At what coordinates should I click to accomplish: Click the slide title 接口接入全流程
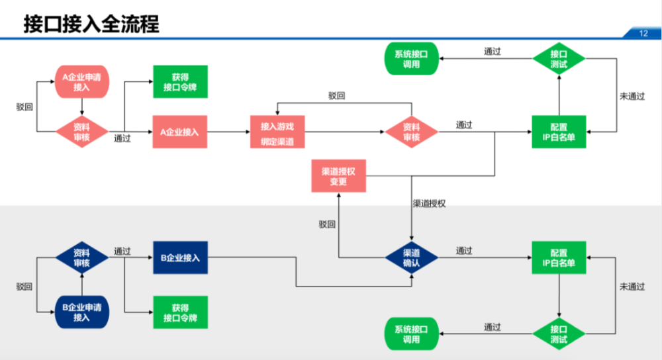tap(91, 24)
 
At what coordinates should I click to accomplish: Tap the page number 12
tap(643, 34)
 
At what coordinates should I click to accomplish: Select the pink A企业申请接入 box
tap(81, 81)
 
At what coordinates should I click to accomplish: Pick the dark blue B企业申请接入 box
tap(81, 312)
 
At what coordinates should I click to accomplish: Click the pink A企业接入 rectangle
tap(179, 132)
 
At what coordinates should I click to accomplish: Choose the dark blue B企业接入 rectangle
tap(180, 257)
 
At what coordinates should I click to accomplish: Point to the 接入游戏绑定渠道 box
tap(277, 132)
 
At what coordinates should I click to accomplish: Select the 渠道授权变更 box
tap(338, 176)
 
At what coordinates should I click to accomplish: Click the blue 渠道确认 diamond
tap(412, 257)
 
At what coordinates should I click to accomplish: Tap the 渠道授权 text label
tap(429, 203)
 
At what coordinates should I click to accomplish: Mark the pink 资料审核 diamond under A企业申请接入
tap(81, 131)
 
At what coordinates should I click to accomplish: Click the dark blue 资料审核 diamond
tap(81, 257)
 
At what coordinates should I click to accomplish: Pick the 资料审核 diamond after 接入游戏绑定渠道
tap(411, 132)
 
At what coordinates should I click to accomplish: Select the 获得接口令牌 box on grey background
tap(180, 312)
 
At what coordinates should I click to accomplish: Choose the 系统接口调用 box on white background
tap(411, 60)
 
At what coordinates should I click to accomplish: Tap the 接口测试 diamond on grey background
tap(559, 335)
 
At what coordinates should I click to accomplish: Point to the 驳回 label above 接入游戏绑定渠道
tap(336, 96)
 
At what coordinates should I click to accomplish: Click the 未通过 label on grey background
tap(632, 287)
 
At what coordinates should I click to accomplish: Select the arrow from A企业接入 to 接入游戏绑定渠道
tap(229, 132)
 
